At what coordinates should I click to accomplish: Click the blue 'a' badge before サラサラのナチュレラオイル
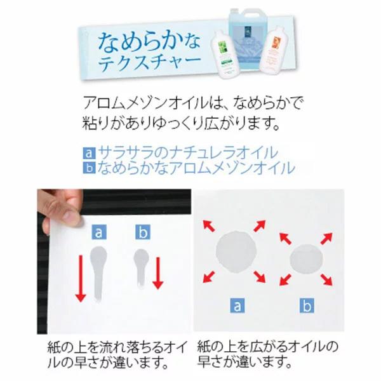click(88, 153)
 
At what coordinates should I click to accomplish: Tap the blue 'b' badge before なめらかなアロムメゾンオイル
click(88, 168)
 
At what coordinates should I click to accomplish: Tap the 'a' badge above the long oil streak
click(98, 232)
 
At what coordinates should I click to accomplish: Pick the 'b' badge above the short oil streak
click(142, 232)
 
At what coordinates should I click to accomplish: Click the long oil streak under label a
click(98, 273)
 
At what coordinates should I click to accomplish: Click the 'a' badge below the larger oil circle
click(237, 307)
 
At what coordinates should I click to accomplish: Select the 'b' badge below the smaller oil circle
click(307, 307)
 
